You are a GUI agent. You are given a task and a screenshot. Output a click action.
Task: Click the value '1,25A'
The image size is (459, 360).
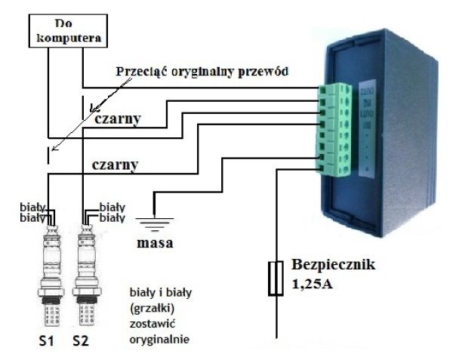pos(310,286)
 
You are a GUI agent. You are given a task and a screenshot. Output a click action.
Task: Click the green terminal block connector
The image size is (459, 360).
pos(335,129)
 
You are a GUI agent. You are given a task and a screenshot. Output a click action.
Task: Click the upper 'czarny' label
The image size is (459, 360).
pos(118,118)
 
